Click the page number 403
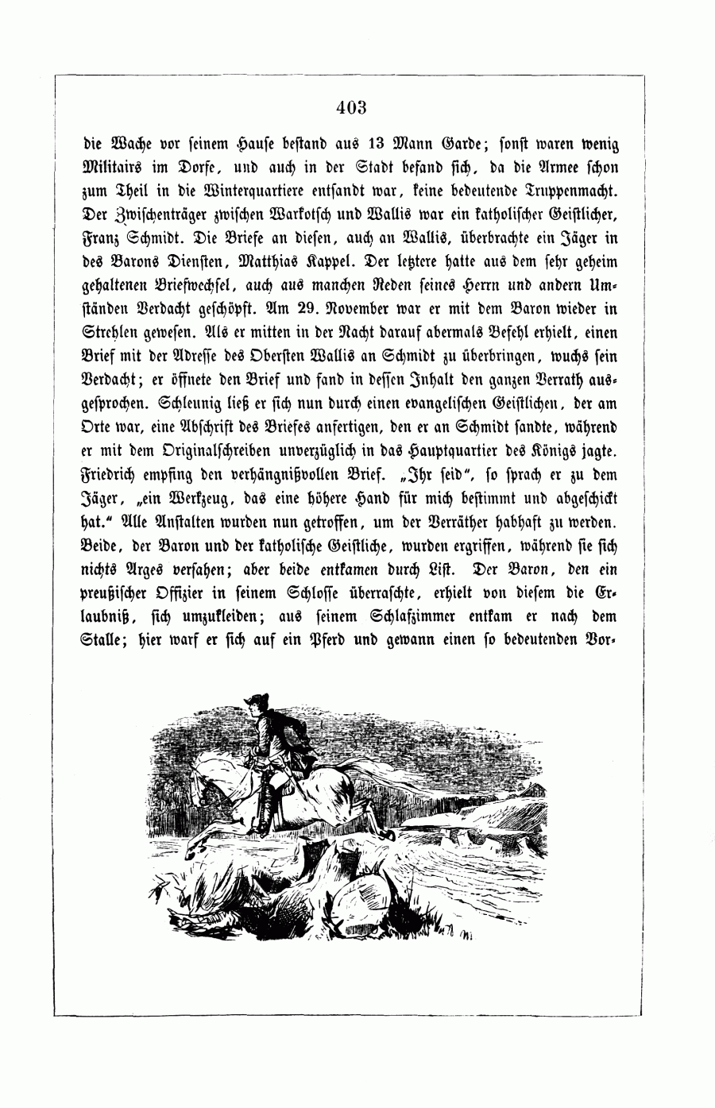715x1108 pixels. point(350,107)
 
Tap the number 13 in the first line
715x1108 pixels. point(381,145)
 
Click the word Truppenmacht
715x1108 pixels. point(578,191)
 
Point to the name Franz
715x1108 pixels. point(102,237)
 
